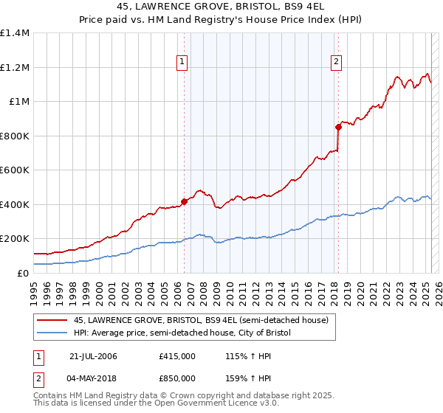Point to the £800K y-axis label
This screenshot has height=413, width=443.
tap(15, 136)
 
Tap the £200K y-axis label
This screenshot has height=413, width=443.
tap(15, 239)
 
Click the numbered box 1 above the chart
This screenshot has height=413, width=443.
tap(182, 63)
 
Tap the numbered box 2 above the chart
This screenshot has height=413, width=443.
tap(336, 63)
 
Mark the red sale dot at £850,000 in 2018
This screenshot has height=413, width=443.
tap(338, 127)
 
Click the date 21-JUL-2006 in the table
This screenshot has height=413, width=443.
tap(93, 356)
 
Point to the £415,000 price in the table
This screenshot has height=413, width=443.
tap(177, 356)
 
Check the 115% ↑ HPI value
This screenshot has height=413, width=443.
tap(249, 356)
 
